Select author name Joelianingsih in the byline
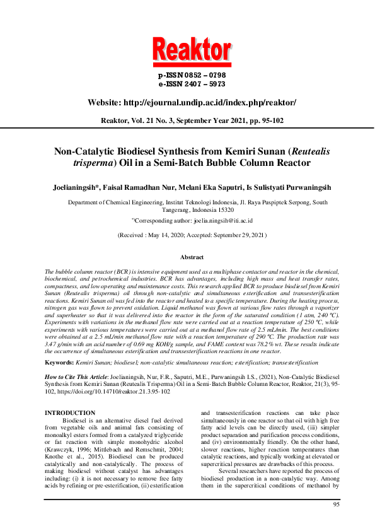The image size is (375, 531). coord(76,187)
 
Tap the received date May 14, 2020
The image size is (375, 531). coord(162,235)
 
